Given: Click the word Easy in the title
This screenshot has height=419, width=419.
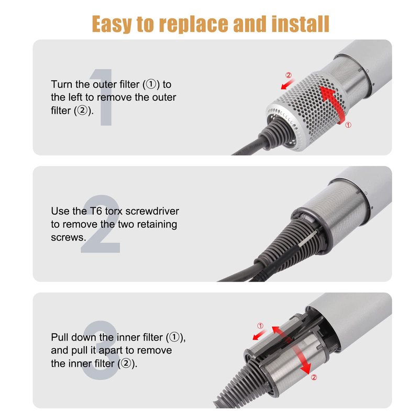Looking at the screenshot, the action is pyautogui.click(x=112, y=24).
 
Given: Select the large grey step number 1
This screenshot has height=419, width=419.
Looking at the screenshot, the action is pyautogui.click(x=103, y=97).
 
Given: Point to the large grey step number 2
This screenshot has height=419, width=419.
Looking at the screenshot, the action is pyautogui.click(x=101, y=224).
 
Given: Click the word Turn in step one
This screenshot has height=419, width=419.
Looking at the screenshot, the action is pyautogui.click(x=61, y=84).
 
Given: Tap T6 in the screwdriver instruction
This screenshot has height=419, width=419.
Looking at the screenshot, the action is pyautogui.click(x=95, y=211).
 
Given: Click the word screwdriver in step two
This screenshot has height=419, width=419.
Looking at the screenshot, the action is pyautogui.click(x=152, y=211).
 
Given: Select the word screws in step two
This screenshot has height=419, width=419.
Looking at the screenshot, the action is pyautogui.click(x=69, y=237).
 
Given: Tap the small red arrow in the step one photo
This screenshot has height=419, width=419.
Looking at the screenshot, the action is pyautogui.click(x=288, y=84).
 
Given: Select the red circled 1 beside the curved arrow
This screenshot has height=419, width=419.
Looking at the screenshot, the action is pyautogui.click(x=348, y=125).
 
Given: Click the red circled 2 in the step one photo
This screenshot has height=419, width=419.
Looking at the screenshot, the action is pyautogui.click(x=289, y=75).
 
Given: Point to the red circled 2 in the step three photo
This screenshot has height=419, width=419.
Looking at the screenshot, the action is pyautogui.click(x=314, y=377).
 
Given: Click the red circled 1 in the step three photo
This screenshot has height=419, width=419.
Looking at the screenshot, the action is pyautogui.click(x=260, y=326).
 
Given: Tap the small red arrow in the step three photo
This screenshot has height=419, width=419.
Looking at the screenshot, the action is pyautogui.click(x=259, y=335).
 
